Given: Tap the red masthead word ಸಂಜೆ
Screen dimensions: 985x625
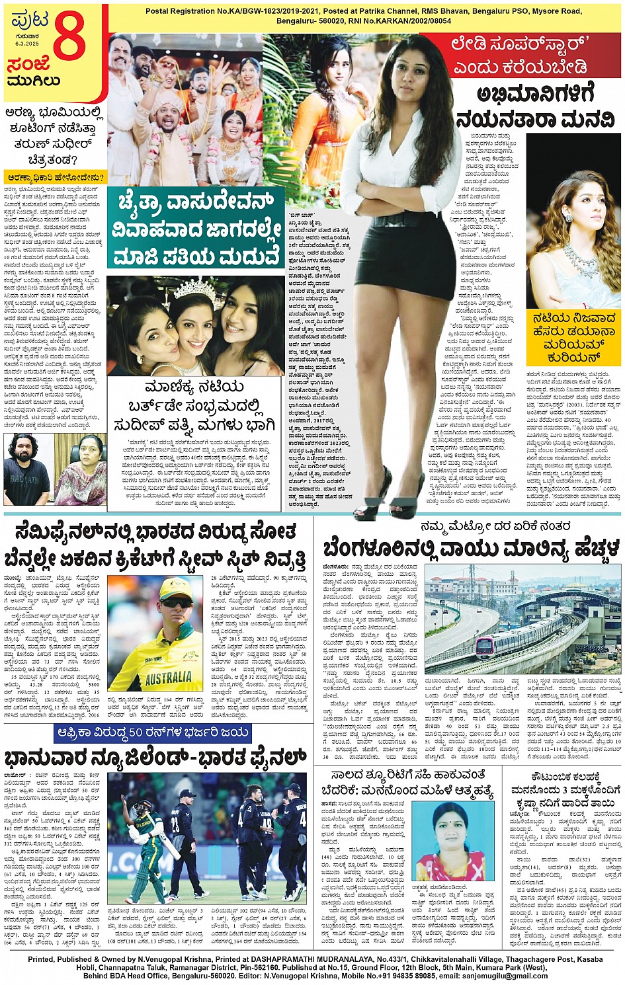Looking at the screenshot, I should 28,65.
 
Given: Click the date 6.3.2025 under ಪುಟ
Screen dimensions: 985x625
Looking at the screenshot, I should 27,44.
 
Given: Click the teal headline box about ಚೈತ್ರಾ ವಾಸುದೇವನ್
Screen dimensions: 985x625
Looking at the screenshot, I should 196,227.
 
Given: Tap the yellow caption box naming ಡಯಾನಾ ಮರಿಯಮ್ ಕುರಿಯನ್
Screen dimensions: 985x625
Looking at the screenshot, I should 573,337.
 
